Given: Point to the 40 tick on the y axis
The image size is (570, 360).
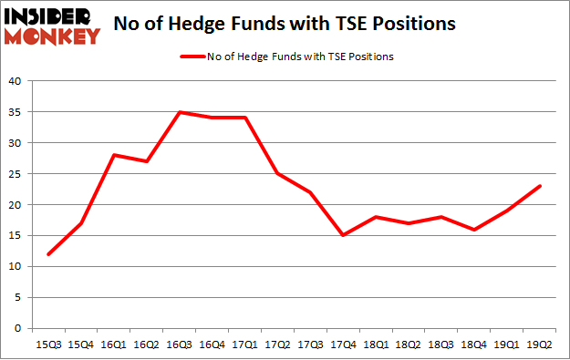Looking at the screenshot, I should click(x=16, y=81).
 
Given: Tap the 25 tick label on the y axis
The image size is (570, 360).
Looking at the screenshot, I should click(x=16, y=174).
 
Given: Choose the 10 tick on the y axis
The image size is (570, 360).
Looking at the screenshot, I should click(x=16, y=267).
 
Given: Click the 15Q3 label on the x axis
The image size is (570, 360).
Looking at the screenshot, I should click(x=50, y=345).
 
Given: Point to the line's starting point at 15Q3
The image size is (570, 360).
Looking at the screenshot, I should click(x=50, y=254).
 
